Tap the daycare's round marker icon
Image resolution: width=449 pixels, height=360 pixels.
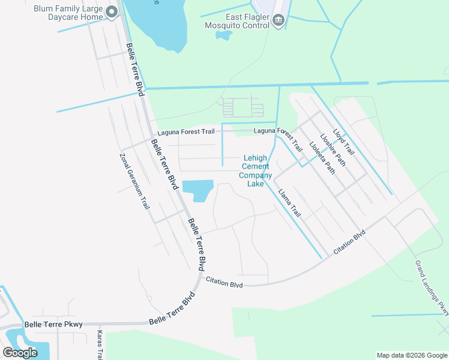(112, 13)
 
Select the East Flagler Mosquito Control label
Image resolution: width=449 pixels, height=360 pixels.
(238, 22)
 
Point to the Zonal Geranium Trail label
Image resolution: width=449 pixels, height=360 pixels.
(134, 180)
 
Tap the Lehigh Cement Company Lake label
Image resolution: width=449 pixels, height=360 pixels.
(256, 171)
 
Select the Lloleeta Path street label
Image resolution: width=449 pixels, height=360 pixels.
(322, 158)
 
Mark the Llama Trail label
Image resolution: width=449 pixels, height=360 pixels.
(289, 202)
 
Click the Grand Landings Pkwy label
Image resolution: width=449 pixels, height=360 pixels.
(432, 287)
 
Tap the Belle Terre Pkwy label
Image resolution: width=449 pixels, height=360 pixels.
(49, 325)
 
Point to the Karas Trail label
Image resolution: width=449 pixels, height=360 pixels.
(101, 345)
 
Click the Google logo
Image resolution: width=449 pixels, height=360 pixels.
(20, 353)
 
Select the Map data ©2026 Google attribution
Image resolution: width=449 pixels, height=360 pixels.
(411, 355)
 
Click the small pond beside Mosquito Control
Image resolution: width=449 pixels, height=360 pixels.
(224, 35)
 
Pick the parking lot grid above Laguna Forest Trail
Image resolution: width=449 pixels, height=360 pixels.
(243, 108)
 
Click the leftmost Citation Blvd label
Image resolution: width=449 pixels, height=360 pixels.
(224, 282)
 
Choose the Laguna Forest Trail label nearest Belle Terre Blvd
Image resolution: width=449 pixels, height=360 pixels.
(185, 133)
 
